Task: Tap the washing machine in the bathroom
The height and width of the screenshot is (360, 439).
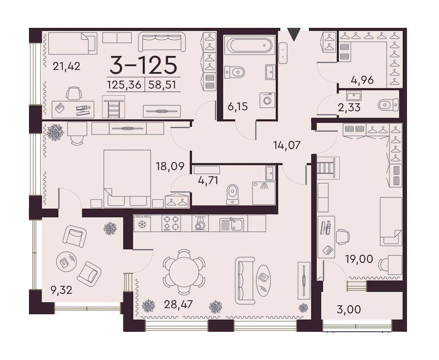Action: tap(267, 100)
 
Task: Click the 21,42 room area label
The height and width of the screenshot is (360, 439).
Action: tap(67, 66)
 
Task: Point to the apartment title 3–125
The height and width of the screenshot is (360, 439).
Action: tap(143, 65)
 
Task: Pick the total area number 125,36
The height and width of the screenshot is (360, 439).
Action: tap(124, 84)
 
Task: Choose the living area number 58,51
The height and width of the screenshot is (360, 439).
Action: tap(162, 84)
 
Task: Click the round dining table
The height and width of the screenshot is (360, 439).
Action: tap(184, 272)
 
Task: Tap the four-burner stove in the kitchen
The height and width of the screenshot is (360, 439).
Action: tap(171, 223)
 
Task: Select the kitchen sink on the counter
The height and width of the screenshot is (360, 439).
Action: tap(232, 224)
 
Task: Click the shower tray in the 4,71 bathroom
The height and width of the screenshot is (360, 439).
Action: tap(264, 193)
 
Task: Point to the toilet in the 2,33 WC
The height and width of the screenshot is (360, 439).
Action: tap(388, 105)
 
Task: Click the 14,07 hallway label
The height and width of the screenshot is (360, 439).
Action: tap(287, 145)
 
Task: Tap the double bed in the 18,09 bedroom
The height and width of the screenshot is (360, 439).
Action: tap(127, 179)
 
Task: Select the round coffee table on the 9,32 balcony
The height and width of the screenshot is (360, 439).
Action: tap(66, 262)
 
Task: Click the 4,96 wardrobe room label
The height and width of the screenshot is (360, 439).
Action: tap(362, 80)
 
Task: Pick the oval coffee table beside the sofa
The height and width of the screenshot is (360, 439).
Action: tap(264, 280)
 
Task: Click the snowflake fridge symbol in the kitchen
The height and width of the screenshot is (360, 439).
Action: tap(142, 224)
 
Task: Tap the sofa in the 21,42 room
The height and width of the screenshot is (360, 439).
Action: tap(162, 42)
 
